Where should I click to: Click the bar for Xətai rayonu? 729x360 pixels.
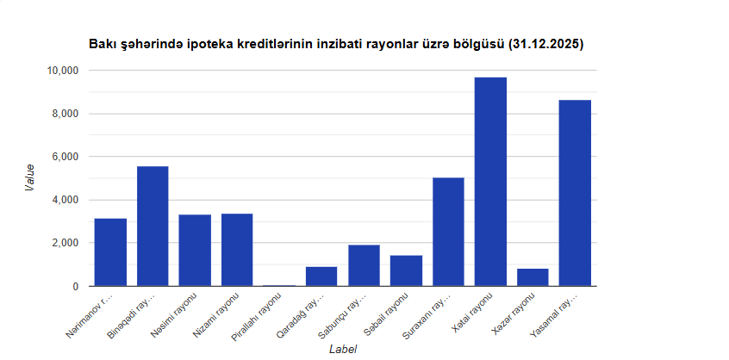[490, 182]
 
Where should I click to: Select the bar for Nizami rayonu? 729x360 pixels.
[237, 250]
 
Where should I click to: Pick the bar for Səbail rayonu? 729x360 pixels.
[406, 270]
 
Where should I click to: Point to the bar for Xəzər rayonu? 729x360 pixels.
[533, 277]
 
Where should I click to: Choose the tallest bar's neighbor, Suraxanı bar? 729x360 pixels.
[448, 232]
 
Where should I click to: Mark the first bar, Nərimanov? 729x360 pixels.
[110, 252]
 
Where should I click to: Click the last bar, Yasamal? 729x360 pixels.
[575, 193]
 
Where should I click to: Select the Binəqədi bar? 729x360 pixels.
[153, 226]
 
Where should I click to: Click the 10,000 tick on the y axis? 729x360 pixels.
[61, 71]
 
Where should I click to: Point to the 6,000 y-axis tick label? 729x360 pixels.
[65, 157]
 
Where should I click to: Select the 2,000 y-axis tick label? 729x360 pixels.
[65, 243]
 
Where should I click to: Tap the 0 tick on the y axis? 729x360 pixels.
[75, 286]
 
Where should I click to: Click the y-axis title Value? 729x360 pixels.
[29, 177]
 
